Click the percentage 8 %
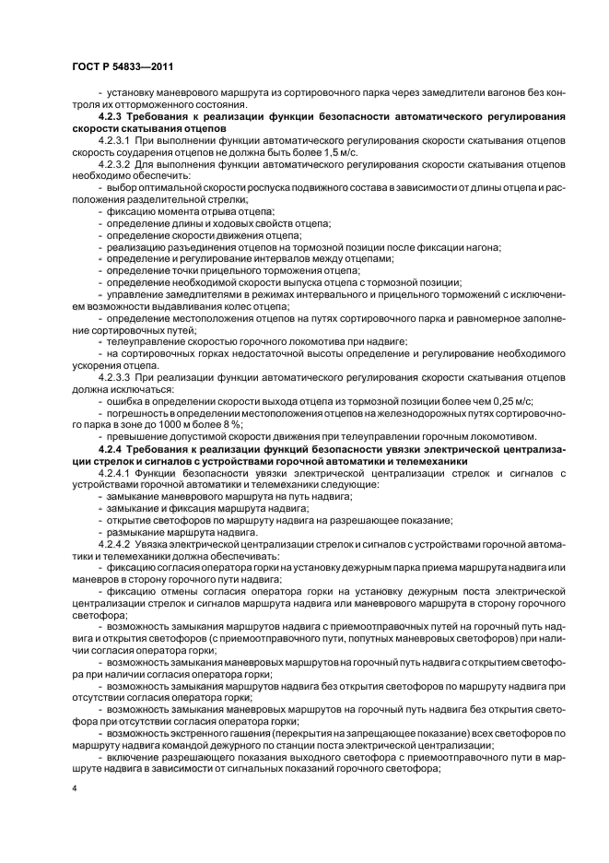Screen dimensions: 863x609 pyautogui.click(x=211, y=425)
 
